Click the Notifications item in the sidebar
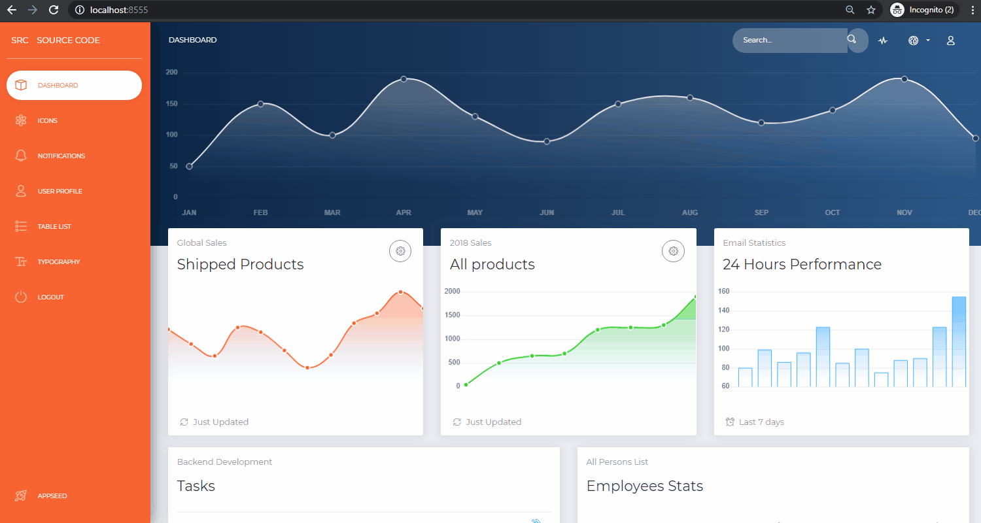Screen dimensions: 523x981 [x=61, y=156]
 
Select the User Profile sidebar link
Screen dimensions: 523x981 [x=60, y=192]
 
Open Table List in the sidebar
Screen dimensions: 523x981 [x=54, y=227]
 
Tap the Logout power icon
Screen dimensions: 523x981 [x=21, y=297]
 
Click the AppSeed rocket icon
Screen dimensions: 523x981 [x=21, y=496]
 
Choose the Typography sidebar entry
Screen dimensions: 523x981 [x=58, y=262]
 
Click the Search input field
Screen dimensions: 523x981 [x=788, y=41]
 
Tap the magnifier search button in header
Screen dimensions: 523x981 [x=852, y=40]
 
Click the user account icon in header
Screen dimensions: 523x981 [x=951, y=41]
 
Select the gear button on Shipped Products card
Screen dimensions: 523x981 [x=400, y=251]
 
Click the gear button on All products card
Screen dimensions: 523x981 [x=673, y=251]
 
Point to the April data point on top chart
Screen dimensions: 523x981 [x=404, y=79]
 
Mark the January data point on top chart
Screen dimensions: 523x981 [x=190, y=167]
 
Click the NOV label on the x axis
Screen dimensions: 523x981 [x=904, y=213]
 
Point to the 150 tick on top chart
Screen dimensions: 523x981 [x=171, y=104]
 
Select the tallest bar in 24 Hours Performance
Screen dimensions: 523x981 [x=959, y=341]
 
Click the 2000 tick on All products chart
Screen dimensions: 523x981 [x=452, y=292]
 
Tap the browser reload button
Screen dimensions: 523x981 [x=54, y=10]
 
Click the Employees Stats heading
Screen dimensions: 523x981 [x=644, y=486]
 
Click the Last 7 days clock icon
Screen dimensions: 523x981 [x=730, y=422]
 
